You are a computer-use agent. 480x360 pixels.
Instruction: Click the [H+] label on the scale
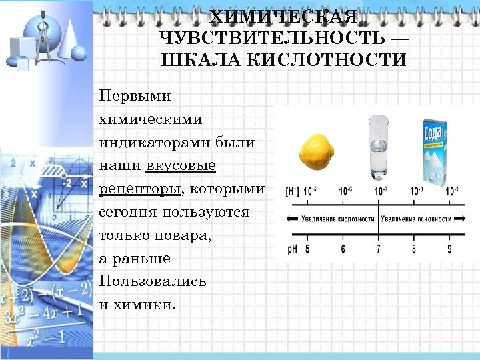(292, 191)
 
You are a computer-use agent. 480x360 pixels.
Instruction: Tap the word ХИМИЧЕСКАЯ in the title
(283, 15)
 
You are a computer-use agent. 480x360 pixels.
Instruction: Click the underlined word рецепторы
(139, 189)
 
